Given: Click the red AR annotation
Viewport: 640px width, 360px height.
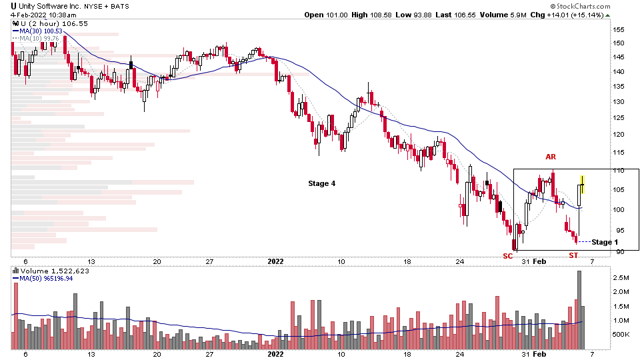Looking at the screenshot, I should tap(551, 157).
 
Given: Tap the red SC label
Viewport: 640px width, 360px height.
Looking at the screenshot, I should tap(508, 255).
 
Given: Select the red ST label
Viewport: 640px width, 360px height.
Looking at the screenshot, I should tap(573, 255).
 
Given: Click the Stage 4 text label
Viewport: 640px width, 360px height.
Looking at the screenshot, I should tap(322, 183).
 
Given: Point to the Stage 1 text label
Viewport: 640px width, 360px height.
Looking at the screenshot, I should tap(605, 241).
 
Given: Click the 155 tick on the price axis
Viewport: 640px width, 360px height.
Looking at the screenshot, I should tap(619, 30).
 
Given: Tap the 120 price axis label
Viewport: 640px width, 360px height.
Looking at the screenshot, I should tap(619, 135).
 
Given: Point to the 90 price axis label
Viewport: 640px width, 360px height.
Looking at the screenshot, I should tap(619, 252).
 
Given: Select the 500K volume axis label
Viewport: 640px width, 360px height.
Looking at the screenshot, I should tap(621, 335).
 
